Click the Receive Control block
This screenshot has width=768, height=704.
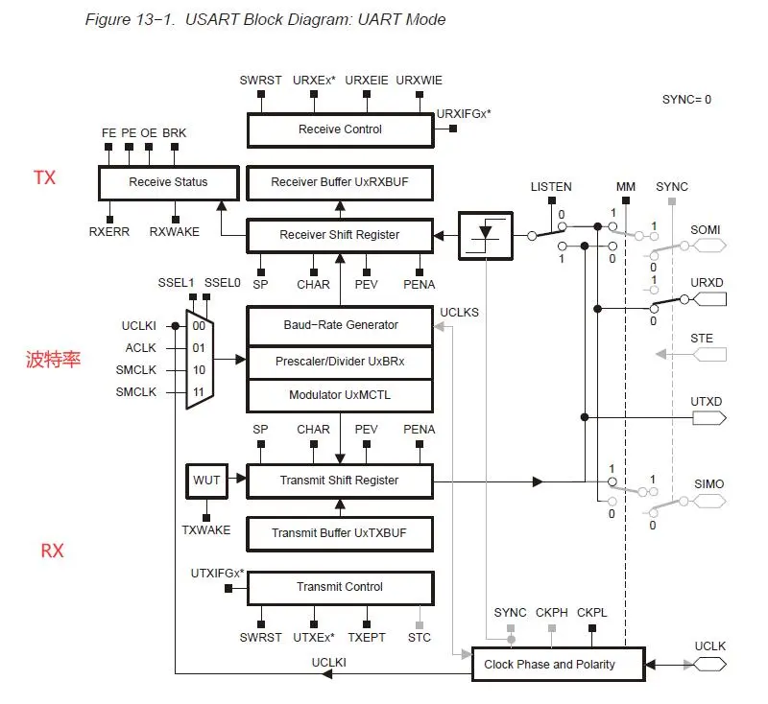340,129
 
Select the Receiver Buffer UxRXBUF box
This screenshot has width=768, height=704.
340,182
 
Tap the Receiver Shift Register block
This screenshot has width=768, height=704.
340,235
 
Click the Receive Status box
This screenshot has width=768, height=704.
168,182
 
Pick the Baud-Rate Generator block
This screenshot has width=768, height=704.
340,325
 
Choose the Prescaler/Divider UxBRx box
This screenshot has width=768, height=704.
340,361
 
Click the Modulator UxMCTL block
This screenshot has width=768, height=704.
340,395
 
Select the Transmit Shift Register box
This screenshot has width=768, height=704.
340,481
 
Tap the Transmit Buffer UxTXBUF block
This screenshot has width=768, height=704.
340,533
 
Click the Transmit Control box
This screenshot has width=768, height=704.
340,587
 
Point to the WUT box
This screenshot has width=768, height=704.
207,481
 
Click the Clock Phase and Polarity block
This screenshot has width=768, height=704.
549,664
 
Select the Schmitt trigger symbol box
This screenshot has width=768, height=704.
486,235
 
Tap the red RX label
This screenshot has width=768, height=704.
52,551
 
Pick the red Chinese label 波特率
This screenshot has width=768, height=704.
53,360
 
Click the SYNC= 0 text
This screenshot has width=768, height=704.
686,100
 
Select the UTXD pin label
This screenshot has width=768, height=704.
708,402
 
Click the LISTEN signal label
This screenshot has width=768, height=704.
551,187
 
